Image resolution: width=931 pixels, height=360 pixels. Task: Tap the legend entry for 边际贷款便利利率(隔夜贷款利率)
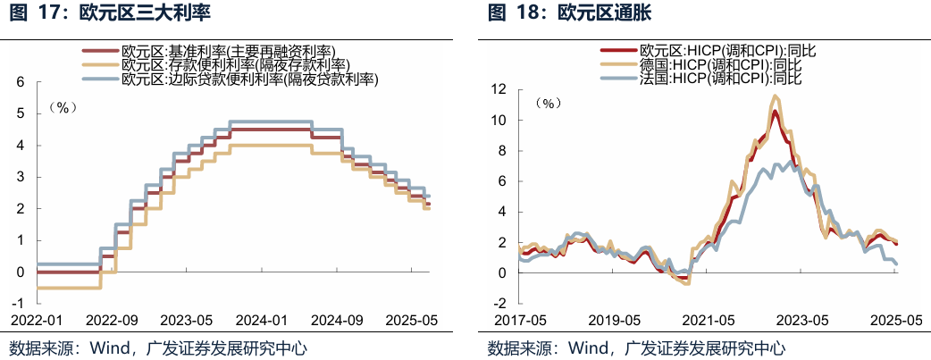(x=249, y=80)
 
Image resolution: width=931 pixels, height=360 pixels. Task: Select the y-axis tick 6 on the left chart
(x=20, y=82)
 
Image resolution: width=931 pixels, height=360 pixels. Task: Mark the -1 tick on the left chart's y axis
(x=17, y=304)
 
